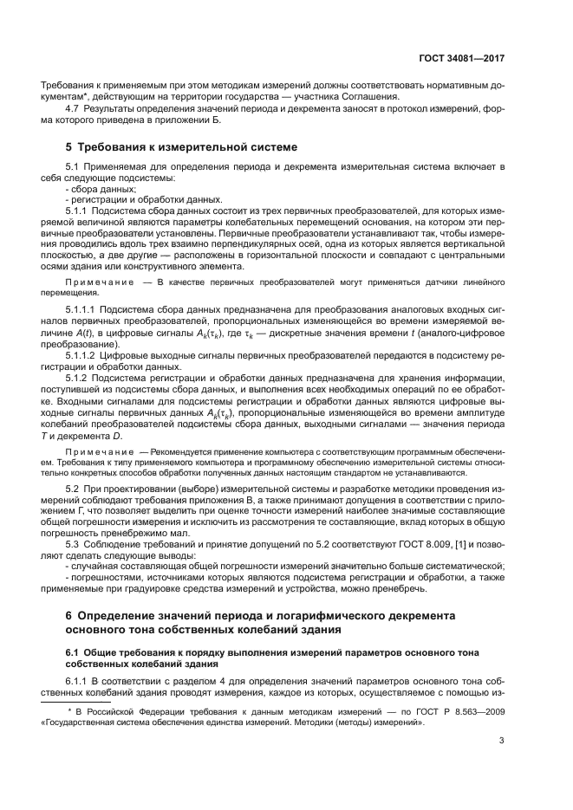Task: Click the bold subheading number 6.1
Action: click(74, 651)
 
